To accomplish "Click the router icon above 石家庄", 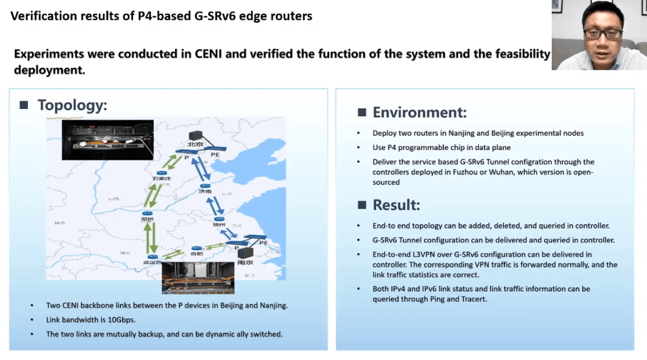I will pos(162,172).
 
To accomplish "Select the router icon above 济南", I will pos(204,185).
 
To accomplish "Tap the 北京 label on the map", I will pos(195,144).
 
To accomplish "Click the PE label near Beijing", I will pos(215,154).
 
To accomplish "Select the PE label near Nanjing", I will pos(264,242).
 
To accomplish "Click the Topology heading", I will pos(72,106).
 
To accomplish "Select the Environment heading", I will pos(419,112).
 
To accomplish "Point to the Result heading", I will pos(396,205).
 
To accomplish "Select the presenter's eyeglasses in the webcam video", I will pos(602,34).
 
